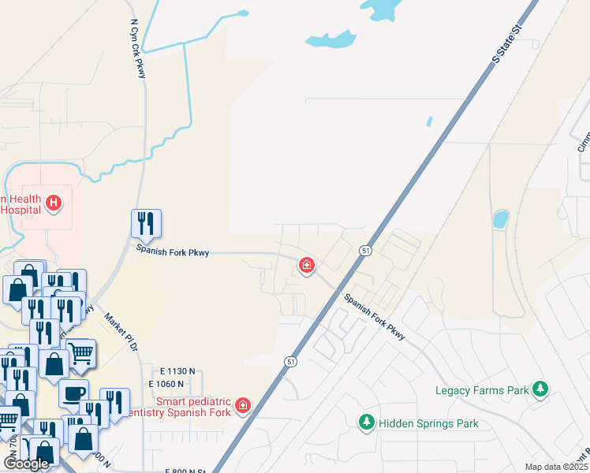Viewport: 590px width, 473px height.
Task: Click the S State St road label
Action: [x=508, y=43]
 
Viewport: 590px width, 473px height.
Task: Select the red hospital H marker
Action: [x=53, y=204]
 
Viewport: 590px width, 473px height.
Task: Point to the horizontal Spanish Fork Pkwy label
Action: [x=173, y=253]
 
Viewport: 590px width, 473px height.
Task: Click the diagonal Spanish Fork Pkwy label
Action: [x=374, y=317]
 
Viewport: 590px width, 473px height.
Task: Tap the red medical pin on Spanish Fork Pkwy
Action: [x=306, y=266]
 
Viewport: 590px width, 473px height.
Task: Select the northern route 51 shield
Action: [x=365, y=250]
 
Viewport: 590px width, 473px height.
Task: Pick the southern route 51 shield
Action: [x=291, y=361]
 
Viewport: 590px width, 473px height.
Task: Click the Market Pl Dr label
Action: [x=121, y=332]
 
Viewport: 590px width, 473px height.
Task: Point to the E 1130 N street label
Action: [x=177, y=371]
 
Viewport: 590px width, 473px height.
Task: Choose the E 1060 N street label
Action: [x=171, y=384]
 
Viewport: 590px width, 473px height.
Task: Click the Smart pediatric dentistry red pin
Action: [x=243, y=405]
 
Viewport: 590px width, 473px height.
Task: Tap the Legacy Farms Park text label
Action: [x=483, y=390]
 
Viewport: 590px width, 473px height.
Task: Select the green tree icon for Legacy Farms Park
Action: [x=540, y=389]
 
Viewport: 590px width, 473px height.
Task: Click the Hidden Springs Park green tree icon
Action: [x=366, y=423]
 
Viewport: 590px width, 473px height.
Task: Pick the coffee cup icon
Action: [x=74, y=393]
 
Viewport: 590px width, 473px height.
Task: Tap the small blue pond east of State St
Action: [x=500, y=218]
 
